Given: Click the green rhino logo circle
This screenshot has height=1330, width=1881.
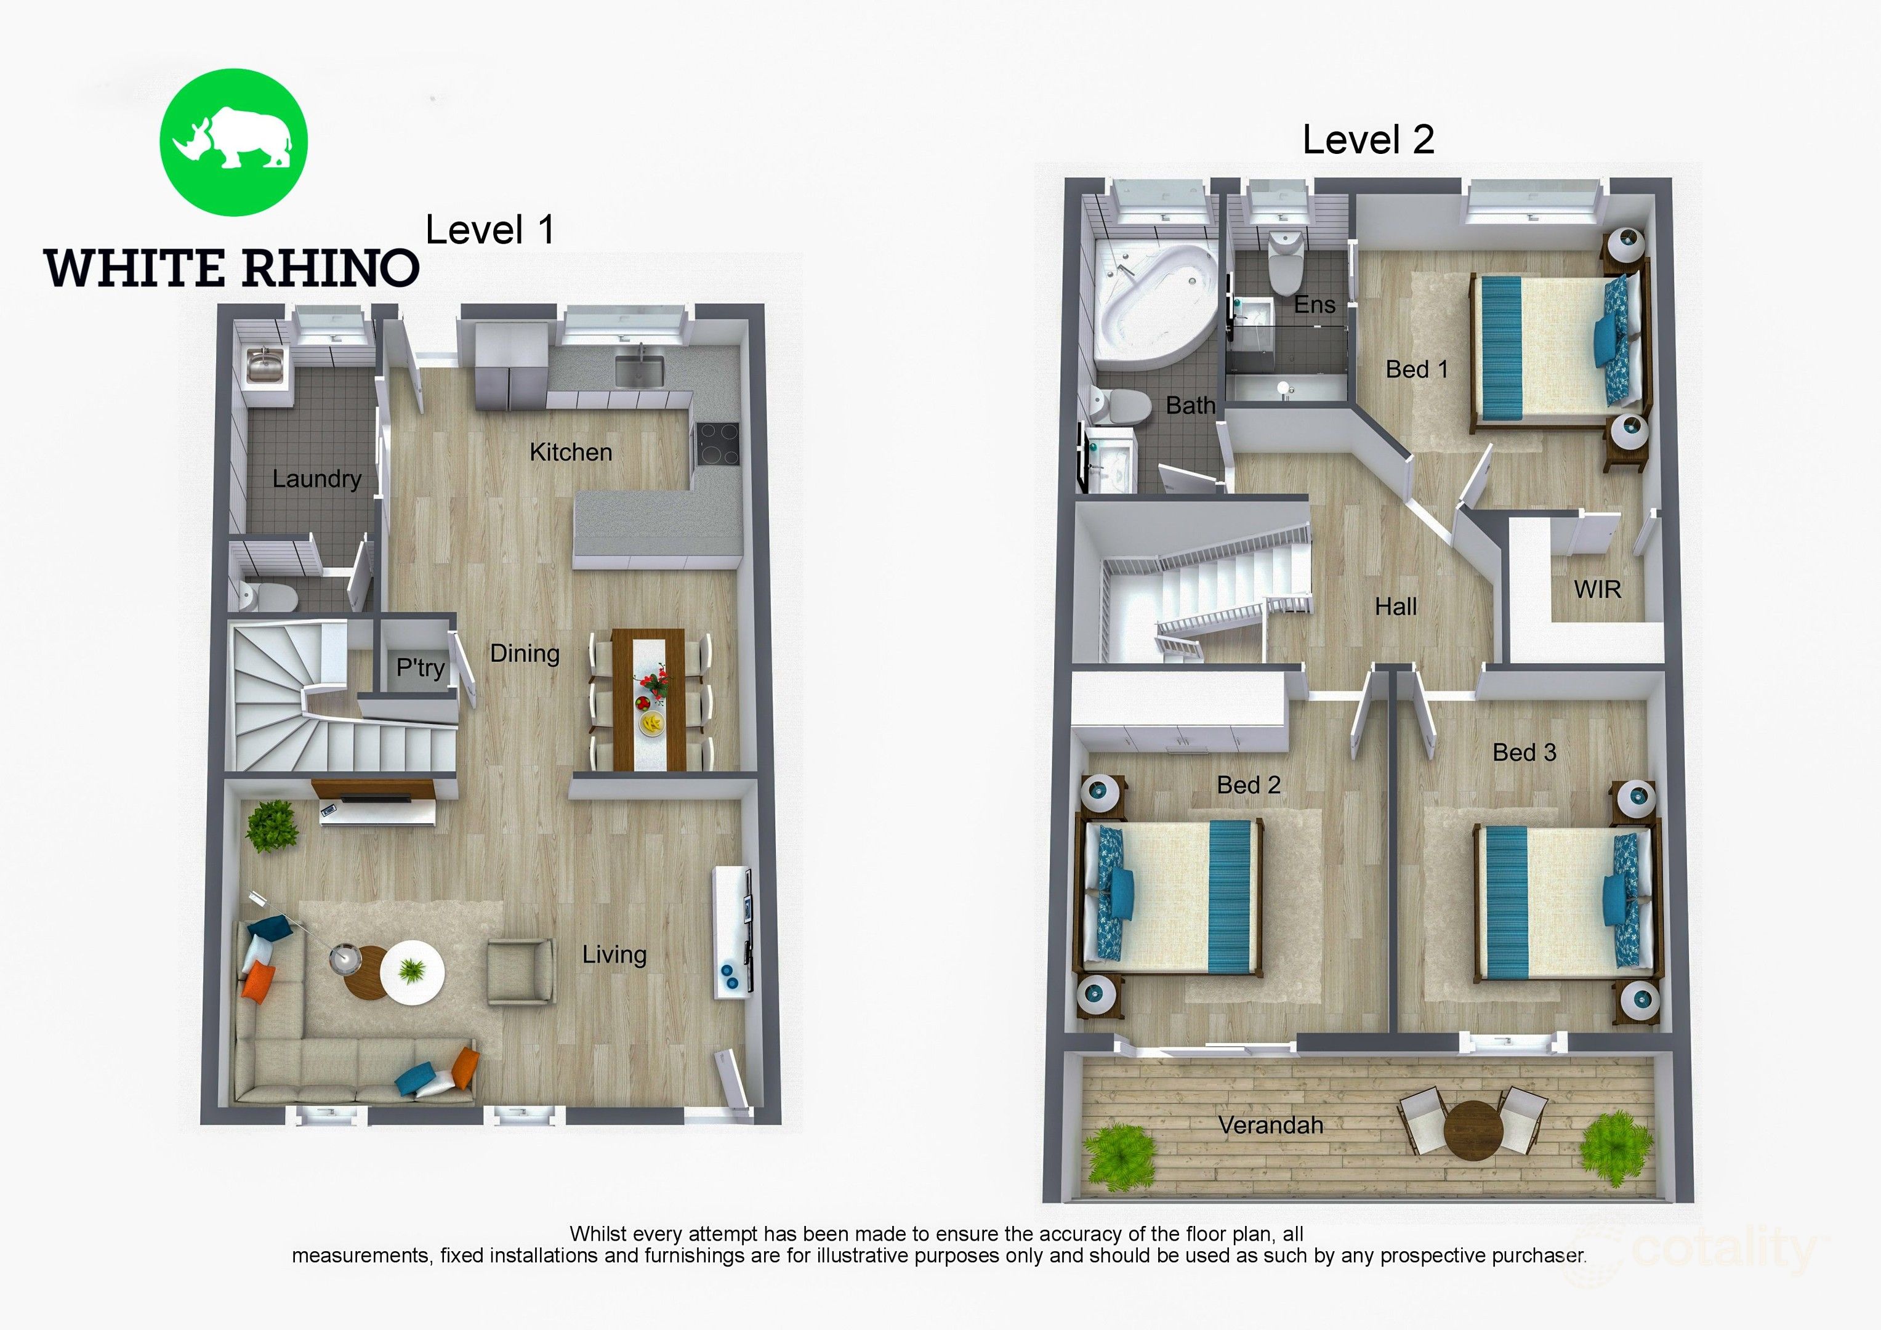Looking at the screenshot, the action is [x=233, y=142].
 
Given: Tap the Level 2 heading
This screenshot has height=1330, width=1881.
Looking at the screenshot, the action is [x=1368, y=140].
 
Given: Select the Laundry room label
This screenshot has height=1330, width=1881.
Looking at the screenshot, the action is [x=317, y=478].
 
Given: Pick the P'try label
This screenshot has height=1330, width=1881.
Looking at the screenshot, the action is [x=421, y=668].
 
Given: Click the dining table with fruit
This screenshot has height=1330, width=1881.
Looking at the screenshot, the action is [x=648, y=699].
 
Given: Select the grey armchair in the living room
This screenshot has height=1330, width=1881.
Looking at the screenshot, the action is [x=520, y=971].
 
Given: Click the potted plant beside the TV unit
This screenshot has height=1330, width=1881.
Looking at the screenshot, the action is [x=272, y=826].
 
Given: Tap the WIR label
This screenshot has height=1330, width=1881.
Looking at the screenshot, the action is [x=1597, y=589].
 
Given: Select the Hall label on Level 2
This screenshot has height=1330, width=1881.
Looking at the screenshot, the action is [x=1395, y=607].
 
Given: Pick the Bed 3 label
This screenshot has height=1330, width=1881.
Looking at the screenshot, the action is [x=1524, y=752].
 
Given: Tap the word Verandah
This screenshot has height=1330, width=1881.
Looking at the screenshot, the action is [x=1271, y=1125].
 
